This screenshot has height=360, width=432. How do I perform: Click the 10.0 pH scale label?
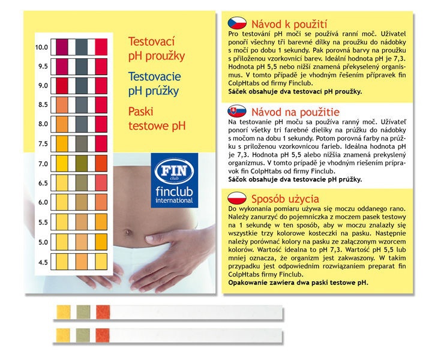pos(41,47)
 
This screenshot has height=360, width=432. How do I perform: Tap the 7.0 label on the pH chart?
pos(43,164)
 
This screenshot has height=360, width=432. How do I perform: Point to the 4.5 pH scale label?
pos(43,262)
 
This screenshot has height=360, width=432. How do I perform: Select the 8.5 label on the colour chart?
pos(43,104)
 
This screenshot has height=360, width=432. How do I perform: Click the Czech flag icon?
pos(237,23)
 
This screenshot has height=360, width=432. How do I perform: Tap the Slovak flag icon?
pos(237,111)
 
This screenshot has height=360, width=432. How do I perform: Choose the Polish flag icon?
pos(237,198)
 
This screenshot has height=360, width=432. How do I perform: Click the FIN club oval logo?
pos(175,172)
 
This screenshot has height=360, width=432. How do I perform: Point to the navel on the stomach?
pos(128,232)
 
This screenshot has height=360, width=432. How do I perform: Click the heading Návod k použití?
pos(289,24)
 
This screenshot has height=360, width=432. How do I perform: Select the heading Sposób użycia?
pos(285,199)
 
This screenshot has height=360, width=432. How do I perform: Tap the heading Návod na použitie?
pos(295,112)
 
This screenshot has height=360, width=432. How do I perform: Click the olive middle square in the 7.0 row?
pos(82,164)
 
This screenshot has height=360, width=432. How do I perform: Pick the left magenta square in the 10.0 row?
pos(62,47)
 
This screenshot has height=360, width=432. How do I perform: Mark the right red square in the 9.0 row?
pos(101,86)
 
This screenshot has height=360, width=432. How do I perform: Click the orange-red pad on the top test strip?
pos(103,312)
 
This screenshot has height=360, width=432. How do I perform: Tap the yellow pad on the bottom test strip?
pos(63,335)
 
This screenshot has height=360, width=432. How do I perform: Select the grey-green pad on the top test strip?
pos(83,312)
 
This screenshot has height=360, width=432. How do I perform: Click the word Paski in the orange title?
pos(141,112)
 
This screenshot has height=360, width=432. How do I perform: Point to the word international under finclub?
pos(174,200)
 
